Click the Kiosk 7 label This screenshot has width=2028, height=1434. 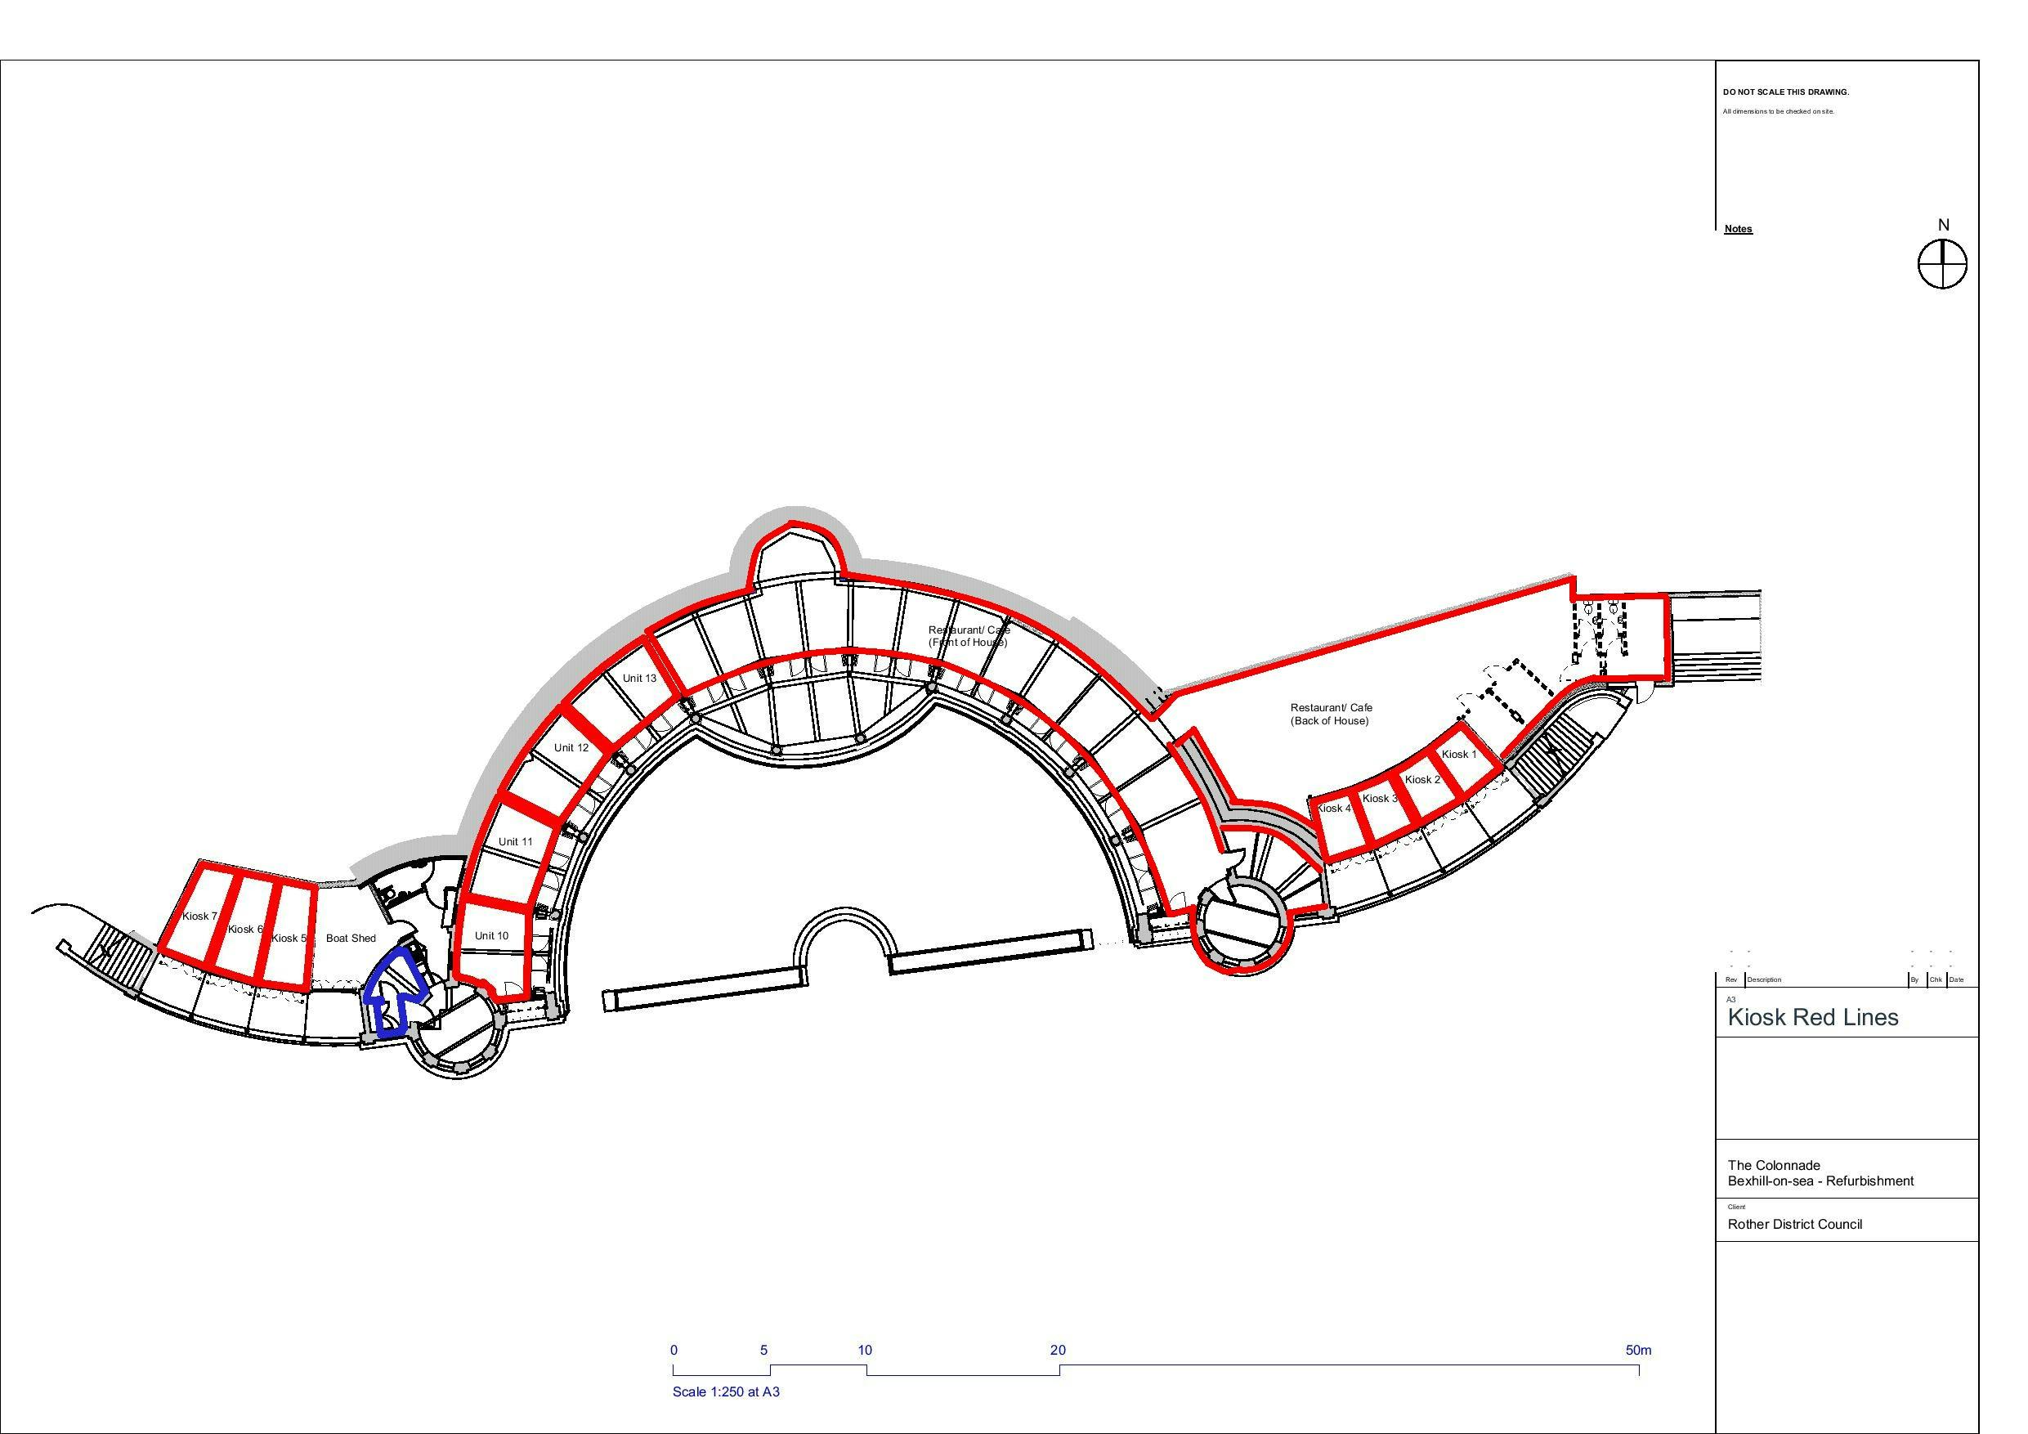[x=199, y=916]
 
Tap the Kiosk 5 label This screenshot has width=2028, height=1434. [x=288, y=939]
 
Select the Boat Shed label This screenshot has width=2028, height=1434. [x=351, y=939]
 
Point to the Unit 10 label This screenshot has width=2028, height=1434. [x=491, y=935]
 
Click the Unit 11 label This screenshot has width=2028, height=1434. [x=515, y=841]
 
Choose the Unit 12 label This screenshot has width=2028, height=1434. [x=571, y=747]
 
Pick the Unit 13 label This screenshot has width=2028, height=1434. [x=639, y=679]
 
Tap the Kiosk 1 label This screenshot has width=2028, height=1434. [x=1458, y=755]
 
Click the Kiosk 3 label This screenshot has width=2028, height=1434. [x=1379, y=799]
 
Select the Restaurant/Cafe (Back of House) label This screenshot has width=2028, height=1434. [x=1331, y=714]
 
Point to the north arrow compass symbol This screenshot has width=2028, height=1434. [x=1942, y=263]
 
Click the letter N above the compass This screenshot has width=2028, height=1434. [x=1943, y=226]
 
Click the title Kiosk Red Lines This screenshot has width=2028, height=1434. [x=1812, y=1017]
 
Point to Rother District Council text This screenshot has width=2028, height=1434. [x=1795, y=1224]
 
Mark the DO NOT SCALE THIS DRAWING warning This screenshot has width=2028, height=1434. [x=1785, y=92]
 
